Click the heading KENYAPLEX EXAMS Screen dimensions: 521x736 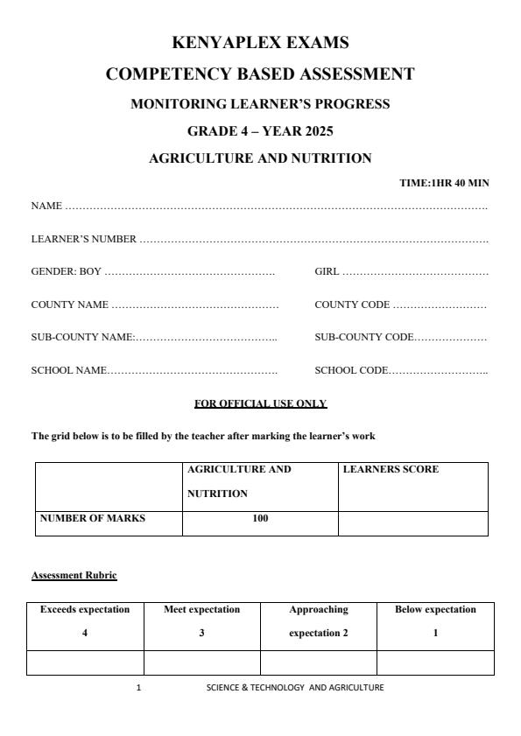(260, 42)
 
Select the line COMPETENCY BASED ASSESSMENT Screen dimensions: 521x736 (260, 74)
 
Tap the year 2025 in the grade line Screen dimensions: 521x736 (316, 131)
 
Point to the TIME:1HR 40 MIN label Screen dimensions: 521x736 (444, 183)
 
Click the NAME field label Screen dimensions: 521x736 (46, 207)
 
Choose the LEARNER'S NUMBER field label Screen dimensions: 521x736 (84, 239)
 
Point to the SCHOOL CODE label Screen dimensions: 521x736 (350, 370)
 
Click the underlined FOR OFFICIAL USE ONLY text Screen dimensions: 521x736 (260, 403)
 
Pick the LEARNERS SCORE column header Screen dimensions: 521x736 (391, 470)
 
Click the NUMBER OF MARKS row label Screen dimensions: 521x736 (93, 518)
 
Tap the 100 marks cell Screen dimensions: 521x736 (260, 518)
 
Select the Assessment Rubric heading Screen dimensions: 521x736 (74, 575)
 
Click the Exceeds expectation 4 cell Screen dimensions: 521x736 (85, 621)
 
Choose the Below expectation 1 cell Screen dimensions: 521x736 (435, 621)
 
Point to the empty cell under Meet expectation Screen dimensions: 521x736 (201, 663)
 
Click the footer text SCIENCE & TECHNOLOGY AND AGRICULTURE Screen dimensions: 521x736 (295, 688)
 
